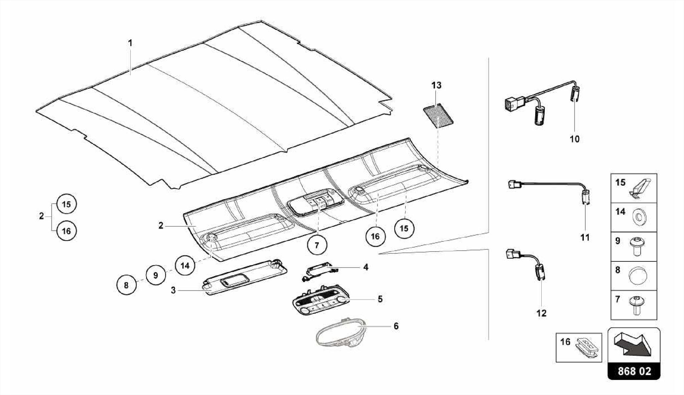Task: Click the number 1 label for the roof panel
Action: pyautogui.click(x=130, y=43)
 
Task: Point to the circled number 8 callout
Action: pyautogui.click(x=126, y=285)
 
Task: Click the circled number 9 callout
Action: pyautogui.click(x=156, y=275)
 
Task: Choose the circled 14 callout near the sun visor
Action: pyautogui.click(x=185, y=265)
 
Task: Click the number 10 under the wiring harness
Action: pyautogui.click(x=574, y=139)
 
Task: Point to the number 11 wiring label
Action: pyautogui.click(x=585, y=237)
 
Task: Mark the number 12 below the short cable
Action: pyautogui.click(x=541, y=313)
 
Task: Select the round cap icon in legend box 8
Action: pyautogui.click(x=638, y=276)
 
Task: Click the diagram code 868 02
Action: pyautogui.click(x=634, y=371)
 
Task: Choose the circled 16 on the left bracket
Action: pyautogui.click(x=66, y=231)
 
